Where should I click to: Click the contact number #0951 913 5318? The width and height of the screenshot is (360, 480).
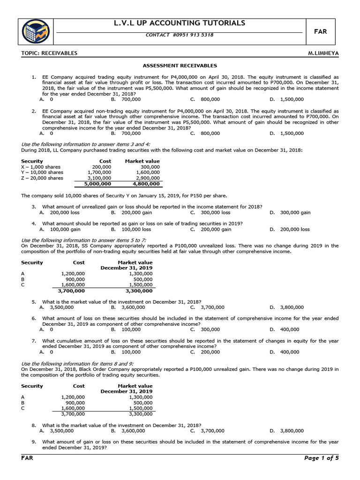click(x=180, y=35)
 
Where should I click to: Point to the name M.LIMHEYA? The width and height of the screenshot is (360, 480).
click(x=323, y=53)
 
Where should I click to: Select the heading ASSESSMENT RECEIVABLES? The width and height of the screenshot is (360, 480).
click(x=180, y=66)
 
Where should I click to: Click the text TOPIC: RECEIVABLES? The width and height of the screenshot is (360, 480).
click(x=49, y=53)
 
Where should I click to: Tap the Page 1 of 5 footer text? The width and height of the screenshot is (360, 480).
click(x=321, y=458)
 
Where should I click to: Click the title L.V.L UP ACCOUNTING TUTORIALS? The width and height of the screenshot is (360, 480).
click(x=180, y=23)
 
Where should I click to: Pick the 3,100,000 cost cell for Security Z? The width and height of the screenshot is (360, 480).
click(x=99, y=178)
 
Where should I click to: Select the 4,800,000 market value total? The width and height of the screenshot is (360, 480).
click(x=146, y=184)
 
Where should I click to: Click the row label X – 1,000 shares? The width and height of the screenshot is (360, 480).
click(x=41, y=167)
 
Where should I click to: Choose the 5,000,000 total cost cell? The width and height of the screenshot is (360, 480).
click(x=97, y=184)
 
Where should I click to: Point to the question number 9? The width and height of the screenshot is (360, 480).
click(x=34, y=442)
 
